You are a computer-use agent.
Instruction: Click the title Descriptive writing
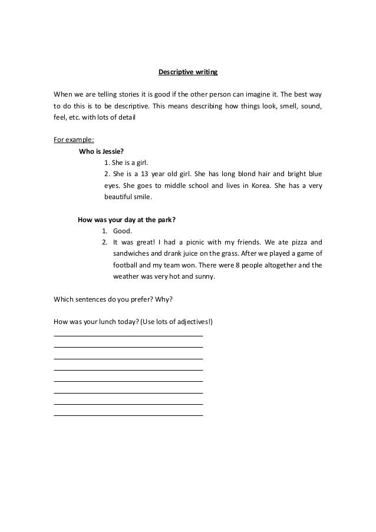(x=188, y=72)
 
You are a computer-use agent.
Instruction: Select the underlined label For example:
(x=69, y=140)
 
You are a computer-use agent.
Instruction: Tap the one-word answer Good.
(x=122, y=231)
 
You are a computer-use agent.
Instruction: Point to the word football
(x=127, y=265)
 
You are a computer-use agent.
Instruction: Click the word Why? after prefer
(x=164, y=299)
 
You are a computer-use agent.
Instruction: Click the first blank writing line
(x=128, y=335)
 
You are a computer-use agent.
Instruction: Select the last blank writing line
(x=128, y=415)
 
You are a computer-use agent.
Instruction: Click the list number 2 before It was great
(x=104, y=242)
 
